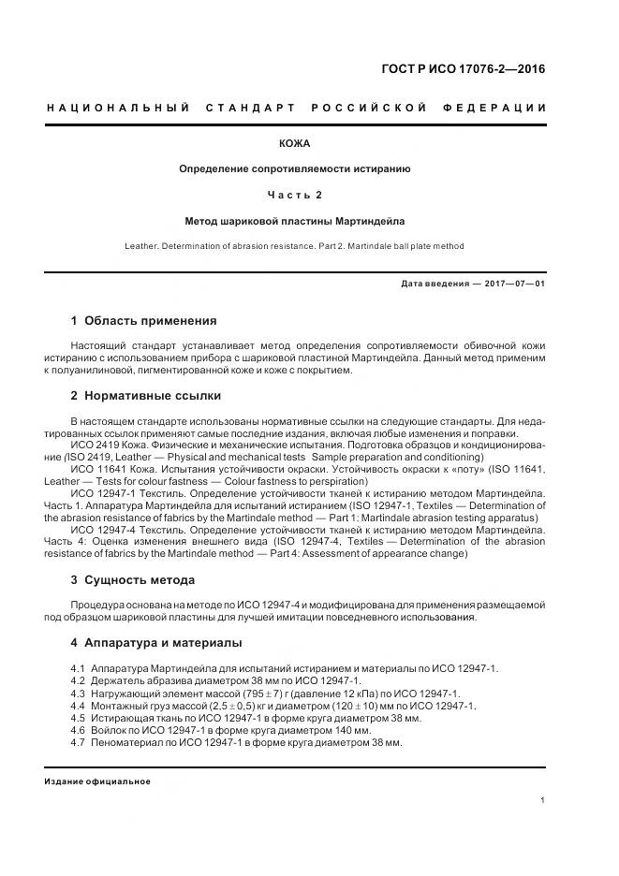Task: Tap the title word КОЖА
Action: coord(295,143)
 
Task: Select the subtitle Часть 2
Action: coord(295,195)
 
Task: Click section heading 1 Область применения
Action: coord(143,320)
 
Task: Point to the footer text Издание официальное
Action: coord(97,781)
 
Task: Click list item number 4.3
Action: coord(78,693)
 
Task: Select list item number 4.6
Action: coord(78,730)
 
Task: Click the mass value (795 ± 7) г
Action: coord(239,693)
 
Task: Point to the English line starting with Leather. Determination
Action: coord(294,246)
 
